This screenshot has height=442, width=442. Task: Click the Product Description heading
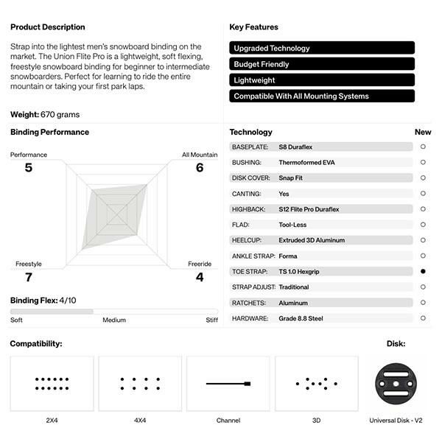[x=47, y=27]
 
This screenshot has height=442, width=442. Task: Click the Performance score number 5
[x=28, y=168]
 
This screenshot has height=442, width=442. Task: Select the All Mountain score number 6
[x=200, y=168]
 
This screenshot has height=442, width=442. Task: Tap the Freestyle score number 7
[x=28, y=277]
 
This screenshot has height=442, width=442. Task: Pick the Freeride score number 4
[x=200, y=277]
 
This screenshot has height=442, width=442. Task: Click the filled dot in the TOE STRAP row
[x=423, y=271]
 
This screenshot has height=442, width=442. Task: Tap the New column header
[x=423, y=133]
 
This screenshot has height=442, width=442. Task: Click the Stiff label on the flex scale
[x=211, y=320]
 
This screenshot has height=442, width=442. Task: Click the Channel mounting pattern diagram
[x=228, y=384]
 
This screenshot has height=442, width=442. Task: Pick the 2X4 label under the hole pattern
[x=52, y=421]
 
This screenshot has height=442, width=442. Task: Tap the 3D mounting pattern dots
[x=316, y=383]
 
